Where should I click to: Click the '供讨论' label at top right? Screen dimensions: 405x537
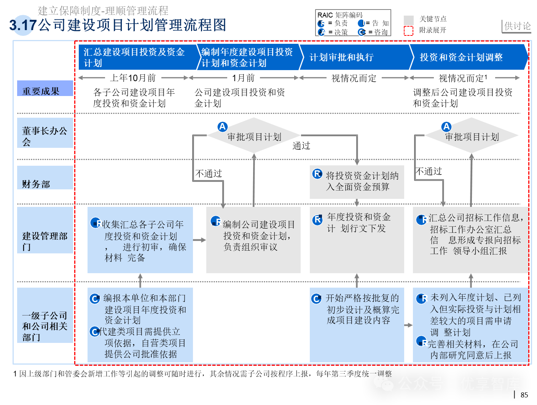click(517, 26)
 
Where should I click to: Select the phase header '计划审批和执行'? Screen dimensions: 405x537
click(341, 58)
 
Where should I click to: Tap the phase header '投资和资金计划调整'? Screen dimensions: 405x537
click(461, 58)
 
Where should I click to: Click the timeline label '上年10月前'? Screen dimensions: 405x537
click(133, 78)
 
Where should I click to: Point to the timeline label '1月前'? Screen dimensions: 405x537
click(243, 78)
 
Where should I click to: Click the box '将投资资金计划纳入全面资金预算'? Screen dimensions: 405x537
click(357, 182)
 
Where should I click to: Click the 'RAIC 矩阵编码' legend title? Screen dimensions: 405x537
click(340, 15)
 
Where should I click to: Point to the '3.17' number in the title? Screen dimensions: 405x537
click(22, 26)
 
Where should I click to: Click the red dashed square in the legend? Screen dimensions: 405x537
click(408, 31)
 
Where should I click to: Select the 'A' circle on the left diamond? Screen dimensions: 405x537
click(222, 126)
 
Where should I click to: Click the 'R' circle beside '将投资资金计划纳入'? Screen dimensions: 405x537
click(317, 174)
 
